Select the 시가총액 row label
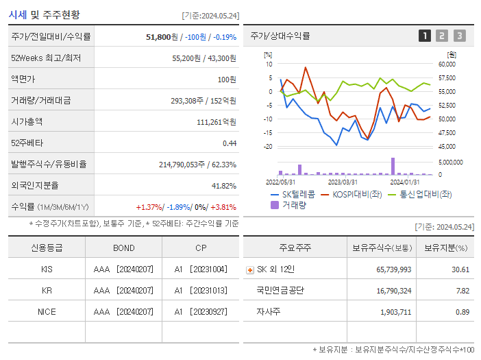(x=27, y=121)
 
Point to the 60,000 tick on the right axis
(x=447, y=64)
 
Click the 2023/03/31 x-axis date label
(x=343, y=182)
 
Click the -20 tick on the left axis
(x=268, y=147)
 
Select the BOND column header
(x=123, y=248)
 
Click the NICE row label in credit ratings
(x=47, y=311)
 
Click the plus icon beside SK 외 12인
(x=250, y=270)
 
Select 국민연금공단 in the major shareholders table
(x=280, y=291)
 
